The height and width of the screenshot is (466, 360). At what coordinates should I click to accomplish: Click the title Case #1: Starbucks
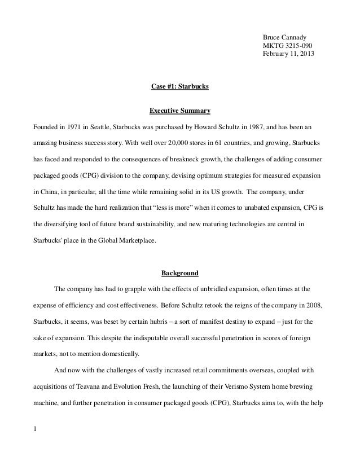pos(180,87)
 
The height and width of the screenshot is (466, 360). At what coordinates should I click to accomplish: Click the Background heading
pos(180,274)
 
